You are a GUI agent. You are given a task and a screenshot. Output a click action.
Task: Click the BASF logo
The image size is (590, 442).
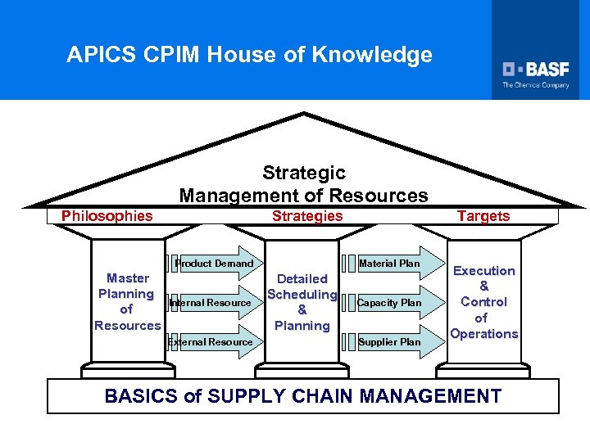point(536,69)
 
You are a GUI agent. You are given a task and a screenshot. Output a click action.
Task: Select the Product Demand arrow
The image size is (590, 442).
point(216,264)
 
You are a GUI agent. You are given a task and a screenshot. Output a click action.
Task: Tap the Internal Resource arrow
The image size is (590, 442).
point(211,303)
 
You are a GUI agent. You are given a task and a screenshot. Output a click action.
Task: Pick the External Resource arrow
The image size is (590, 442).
point(211,342)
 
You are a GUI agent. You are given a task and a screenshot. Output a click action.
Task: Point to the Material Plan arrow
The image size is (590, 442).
point(391,264)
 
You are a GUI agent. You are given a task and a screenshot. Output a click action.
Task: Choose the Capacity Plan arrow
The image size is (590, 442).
point(391,303)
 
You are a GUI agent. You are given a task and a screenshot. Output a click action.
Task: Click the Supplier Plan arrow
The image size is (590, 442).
point(391,342)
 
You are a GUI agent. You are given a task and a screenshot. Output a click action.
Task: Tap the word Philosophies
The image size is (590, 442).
point(107,216)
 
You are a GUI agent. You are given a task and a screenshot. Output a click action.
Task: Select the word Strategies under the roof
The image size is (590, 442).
point(307,216)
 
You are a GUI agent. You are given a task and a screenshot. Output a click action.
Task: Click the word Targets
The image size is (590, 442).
point(483,216)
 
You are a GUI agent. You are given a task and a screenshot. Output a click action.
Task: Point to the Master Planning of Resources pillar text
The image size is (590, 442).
point(127,302)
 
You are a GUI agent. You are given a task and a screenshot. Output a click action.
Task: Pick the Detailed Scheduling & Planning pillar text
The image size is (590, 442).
point(302,302)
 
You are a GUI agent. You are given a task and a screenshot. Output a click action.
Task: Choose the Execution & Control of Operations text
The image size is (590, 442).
point(484,302)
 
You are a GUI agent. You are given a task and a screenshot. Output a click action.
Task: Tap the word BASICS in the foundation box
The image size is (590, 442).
point(142,397)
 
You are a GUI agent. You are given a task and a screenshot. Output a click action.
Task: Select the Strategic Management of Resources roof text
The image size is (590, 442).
point(303,184)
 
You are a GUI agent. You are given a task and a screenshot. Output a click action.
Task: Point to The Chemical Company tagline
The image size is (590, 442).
point(536,85)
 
